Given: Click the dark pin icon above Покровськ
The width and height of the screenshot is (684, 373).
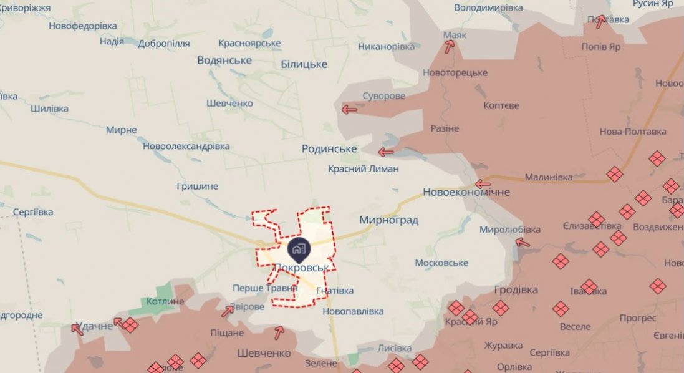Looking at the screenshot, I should point(299,250).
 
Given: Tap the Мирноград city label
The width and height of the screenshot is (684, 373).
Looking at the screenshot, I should point(388,220).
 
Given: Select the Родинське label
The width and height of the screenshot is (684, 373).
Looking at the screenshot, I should point(329,148).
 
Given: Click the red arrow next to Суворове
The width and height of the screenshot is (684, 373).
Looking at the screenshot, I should point(349,110).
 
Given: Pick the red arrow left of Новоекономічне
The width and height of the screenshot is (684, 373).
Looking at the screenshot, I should point(483,184).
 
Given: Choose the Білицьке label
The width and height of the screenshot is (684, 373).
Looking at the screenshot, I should point(304,64).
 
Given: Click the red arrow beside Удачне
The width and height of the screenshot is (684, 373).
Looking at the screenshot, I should point(78,329).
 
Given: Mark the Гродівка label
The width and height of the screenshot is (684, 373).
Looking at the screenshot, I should point(516,290).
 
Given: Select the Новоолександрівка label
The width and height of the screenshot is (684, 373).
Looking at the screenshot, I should point(186,146).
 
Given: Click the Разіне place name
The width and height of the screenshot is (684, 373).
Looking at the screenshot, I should point(445,128).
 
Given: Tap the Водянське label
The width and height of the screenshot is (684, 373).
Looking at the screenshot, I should point(224,60).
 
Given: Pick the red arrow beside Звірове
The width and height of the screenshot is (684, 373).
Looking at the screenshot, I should point(228,311).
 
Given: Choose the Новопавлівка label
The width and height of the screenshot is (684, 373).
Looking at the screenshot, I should point(353,311).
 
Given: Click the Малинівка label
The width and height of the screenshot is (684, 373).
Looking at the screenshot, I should point(548,177).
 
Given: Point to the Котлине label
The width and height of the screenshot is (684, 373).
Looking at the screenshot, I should point(165,301).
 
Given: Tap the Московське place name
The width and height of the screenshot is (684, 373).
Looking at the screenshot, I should point(441,263).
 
